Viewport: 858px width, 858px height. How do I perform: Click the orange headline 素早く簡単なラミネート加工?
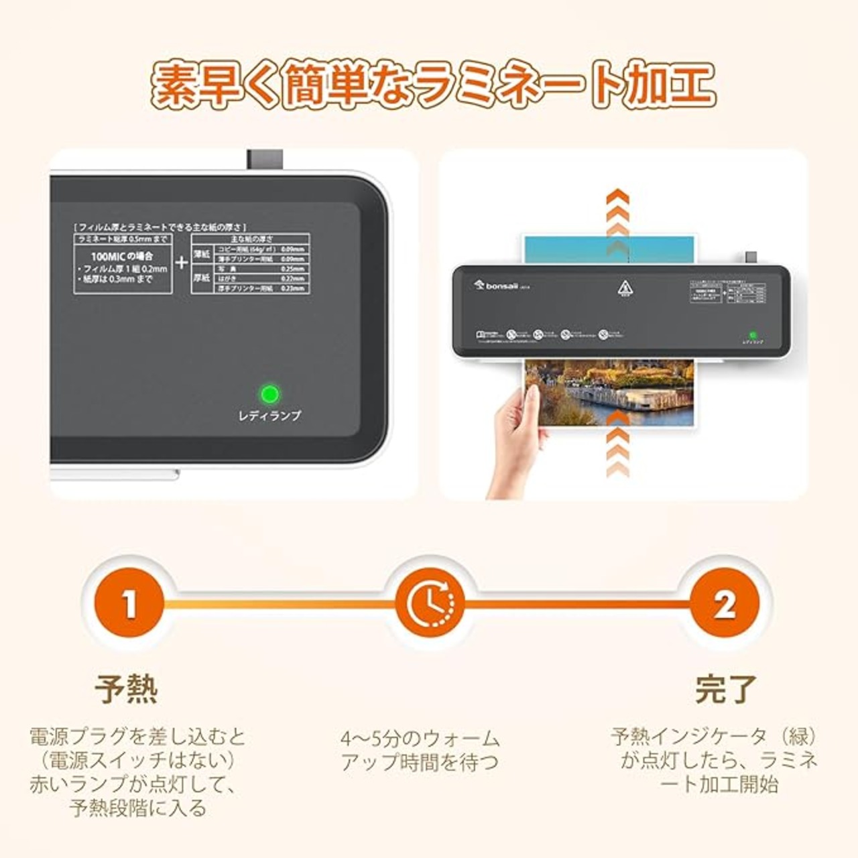432,84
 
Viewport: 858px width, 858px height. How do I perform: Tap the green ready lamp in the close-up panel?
269,394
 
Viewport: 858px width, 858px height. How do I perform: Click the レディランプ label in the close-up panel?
269,416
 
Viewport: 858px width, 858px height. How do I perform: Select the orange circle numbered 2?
725,603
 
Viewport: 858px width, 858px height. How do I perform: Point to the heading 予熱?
126,689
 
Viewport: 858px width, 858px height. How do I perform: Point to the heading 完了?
725,689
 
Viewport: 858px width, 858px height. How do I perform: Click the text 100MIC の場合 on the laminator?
122,256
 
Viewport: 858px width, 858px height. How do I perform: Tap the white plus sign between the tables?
181,262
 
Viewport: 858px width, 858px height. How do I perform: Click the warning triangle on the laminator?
625,290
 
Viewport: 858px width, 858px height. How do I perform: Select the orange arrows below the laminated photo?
617,446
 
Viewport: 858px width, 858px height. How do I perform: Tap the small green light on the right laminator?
753,334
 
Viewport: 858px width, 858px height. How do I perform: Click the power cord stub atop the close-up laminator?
265,160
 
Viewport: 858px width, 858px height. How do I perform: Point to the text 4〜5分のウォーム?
420,739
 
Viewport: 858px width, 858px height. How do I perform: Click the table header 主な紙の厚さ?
251,239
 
